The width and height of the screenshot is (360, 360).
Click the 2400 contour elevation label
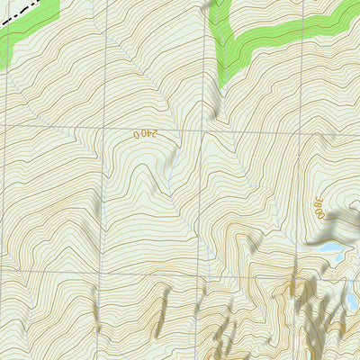click(145, 134)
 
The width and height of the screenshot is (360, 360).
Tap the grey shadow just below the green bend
click(216, 103)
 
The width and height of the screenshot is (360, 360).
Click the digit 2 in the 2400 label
click(155, 134)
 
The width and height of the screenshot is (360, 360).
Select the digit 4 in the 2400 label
click(148, 134)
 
